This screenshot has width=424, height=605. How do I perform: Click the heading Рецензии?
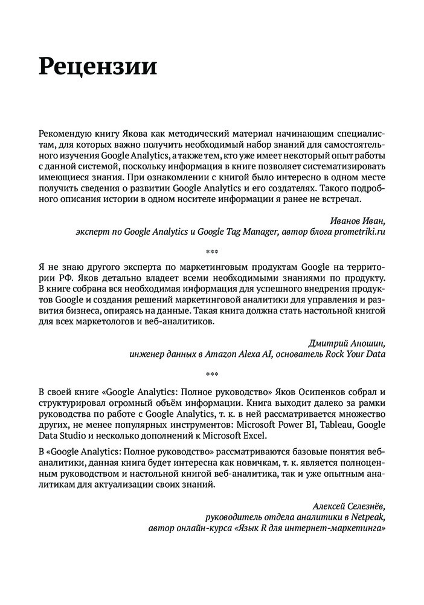coord(97,65)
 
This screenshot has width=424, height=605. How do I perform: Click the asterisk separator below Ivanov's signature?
coord(212,250)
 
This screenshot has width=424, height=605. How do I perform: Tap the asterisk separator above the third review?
coord(212,373)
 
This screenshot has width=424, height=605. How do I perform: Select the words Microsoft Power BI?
coord(284,425)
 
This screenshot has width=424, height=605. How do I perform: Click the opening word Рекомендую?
coord(64,133)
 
